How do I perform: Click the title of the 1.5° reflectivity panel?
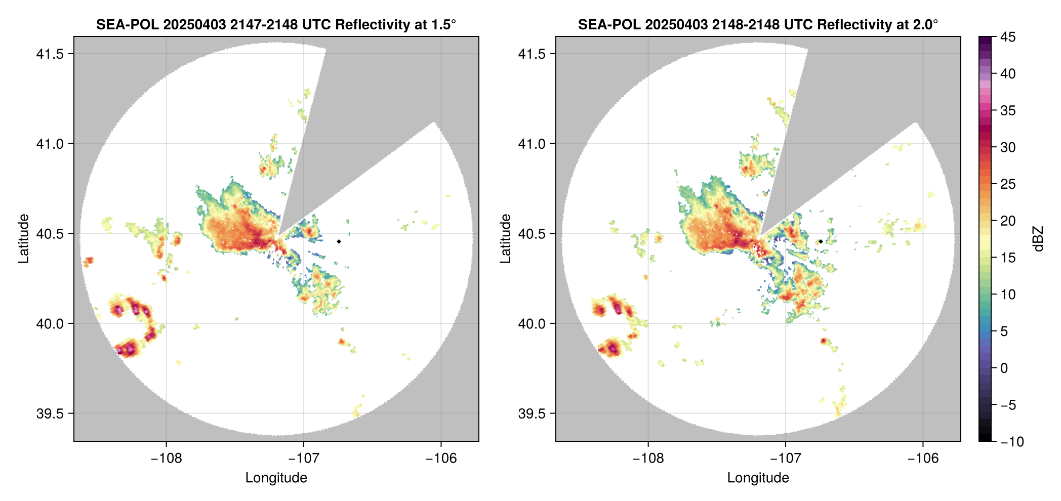(x=276, y=24)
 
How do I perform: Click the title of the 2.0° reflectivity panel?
(x=758, y=24)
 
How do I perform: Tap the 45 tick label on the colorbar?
(x=1008, y=37)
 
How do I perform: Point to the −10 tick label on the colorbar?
(x=1012, y=442)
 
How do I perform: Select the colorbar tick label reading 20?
(x=1008, y=221)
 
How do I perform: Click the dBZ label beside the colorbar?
(x=1038, y=239)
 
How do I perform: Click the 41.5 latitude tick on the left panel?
(x=50, y=54)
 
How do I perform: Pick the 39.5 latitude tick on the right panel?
(x=532, y=413)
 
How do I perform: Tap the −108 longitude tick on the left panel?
(x=166, y=458)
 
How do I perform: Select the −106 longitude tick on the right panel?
(x=923, y=458)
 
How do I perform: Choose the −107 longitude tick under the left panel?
(x=303, y=458)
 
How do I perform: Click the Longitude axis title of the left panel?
(x=276, y=478)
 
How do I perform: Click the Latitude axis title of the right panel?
(x=505, y=239)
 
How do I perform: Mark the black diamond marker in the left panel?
(x=339, y=241)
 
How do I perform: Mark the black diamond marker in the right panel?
(x=821, y=241)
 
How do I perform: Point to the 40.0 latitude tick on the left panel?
(x=50, y=323)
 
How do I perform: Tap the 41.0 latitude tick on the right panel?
(x=532, y=144)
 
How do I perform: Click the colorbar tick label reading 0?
(x=1004, y=368)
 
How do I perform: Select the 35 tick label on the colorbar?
(x=1008, y=110)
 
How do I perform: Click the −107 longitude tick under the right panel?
(x=785, y=458)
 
